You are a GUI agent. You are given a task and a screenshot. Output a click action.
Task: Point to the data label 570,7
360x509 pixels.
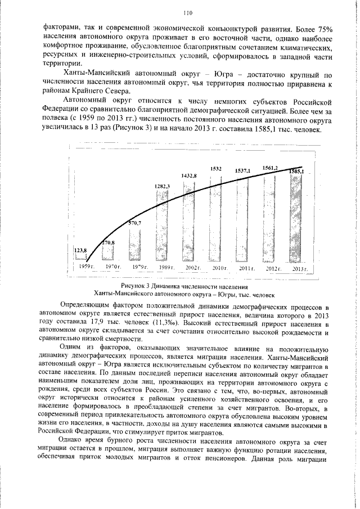[135, 223]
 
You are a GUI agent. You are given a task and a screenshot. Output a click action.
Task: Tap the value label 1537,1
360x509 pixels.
[242, 170]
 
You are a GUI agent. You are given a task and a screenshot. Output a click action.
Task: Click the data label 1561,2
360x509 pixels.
[271, 168]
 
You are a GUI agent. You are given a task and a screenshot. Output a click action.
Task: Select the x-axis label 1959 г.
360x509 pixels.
[86, 265]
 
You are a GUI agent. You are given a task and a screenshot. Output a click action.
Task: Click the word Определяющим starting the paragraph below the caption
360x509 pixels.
[85, 308]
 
